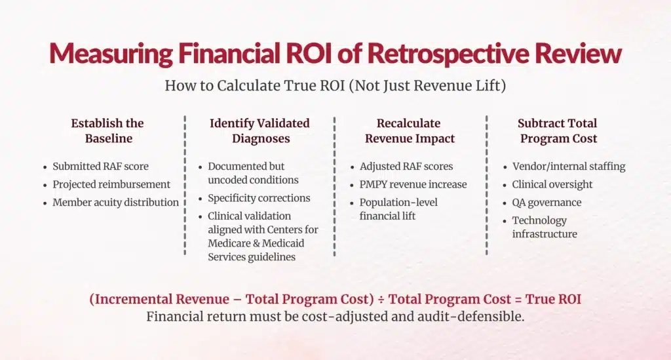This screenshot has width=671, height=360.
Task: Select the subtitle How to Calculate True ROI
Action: tap(335, 85)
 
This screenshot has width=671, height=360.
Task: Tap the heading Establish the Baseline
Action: tap(107, 130)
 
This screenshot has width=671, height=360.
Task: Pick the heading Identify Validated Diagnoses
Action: tap(259, 130)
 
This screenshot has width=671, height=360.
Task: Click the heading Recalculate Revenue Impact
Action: tap(410, 130)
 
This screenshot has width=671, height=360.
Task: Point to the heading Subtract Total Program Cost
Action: tap(558, 130)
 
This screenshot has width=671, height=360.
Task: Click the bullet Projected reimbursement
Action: tap(111, 184)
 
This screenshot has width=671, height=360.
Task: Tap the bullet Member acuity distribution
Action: tap(115, 202)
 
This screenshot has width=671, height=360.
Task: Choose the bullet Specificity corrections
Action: tap(259, 198)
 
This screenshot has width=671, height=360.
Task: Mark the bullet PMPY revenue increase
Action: tap(413, 184)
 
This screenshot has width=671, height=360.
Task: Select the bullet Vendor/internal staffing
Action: tap(568, 167)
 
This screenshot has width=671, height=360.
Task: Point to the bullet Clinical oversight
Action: tap(552, 184)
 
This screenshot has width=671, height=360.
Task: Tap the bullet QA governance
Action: tap(546, 202)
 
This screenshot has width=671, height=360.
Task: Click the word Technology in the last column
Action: tap(539, 220)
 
